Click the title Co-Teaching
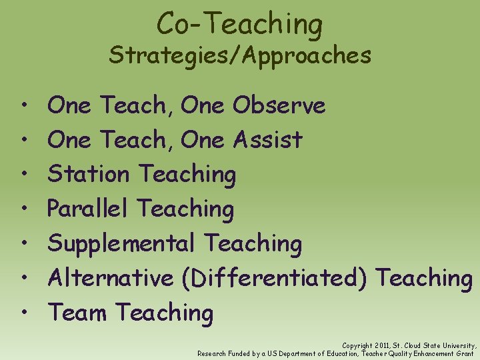(240, 24)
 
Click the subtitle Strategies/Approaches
(240, 55)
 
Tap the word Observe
(279, 105)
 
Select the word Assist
(268, 140)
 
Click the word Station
(89, 175)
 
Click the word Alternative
(111, 278)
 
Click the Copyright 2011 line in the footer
(409, 346)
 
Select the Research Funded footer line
(335, 353)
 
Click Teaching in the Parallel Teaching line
(185, 209)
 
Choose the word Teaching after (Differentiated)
(424, 278)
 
